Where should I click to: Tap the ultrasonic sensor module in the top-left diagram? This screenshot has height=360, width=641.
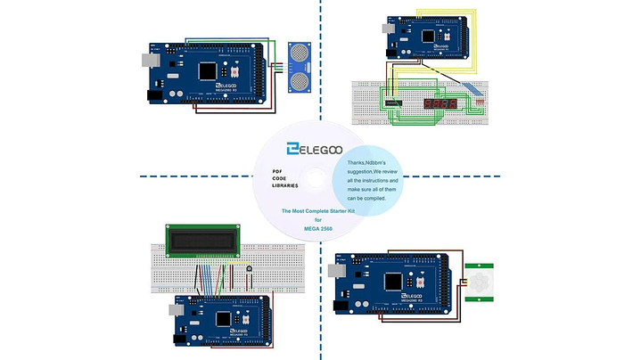[x=299, y=65]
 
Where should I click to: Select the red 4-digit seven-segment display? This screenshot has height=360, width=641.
[x=440, y=104]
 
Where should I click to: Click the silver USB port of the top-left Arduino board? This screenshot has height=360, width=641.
[x=148, y=61]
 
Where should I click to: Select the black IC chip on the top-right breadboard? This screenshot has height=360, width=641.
[x=393, y=105]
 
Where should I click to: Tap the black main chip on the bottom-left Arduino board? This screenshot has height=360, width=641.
[x=223, y=319]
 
